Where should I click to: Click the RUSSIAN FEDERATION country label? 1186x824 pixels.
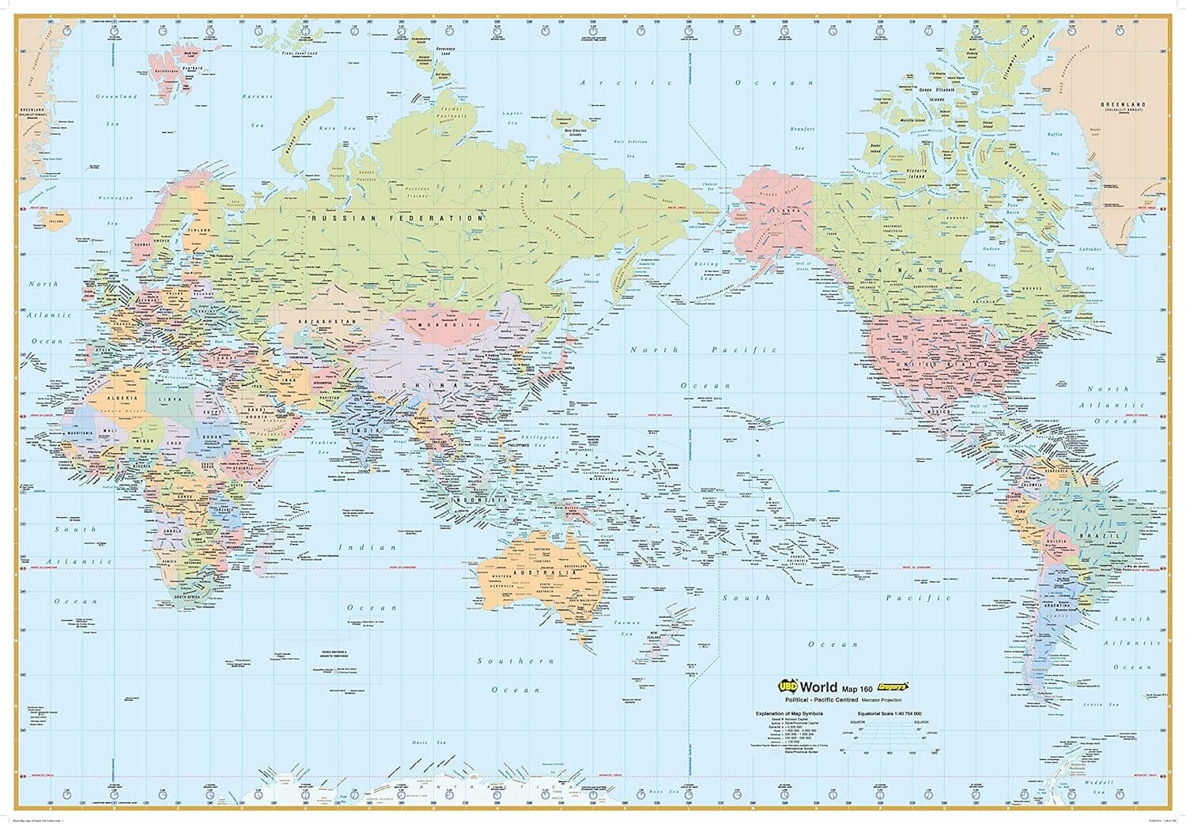[x=397, y=217]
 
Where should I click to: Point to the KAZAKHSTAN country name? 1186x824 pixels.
[x=323, y=321]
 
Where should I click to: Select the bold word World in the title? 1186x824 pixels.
[x=819, y=687]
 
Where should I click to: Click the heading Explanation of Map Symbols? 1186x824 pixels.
[x=789, y=713]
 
